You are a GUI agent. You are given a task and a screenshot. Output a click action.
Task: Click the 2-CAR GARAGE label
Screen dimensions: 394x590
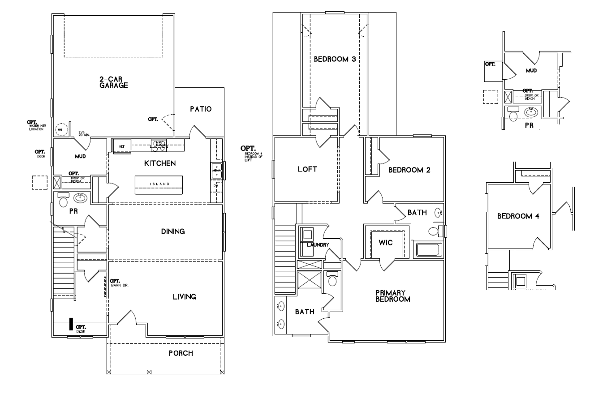pos(114,82)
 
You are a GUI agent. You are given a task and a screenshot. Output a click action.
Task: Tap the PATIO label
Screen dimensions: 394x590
pos(200,109)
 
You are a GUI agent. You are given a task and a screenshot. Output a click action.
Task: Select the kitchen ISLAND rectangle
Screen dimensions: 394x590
pos(159,184)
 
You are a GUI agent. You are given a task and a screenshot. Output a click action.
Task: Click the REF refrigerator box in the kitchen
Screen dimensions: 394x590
pos(121,146)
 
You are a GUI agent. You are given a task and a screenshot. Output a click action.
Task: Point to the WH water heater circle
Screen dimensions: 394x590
pos(60,130)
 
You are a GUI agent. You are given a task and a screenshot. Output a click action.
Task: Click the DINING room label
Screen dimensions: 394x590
pos(173,231)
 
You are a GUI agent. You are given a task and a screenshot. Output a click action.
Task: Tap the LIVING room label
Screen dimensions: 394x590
pos(185,296)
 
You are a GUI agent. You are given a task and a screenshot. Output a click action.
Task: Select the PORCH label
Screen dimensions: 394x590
pos(181,353)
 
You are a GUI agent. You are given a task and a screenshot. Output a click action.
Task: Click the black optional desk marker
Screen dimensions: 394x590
pos(71,324)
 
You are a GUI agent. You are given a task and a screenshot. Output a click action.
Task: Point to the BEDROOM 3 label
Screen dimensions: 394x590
pos(335,59)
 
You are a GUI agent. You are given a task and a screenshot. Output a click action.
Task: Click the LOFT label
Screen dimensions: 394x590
pos(307,169)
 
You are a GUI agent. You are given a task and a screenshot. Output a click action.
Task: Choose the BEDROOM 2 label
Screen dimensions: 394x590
pos(409,170)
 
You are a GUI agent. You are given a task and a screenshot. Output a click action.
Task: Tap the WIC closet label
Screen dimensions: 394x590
pos(386,243)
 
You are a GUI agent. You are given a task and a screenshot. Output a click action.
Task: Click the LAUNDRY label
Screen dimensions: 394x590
pos(318,244)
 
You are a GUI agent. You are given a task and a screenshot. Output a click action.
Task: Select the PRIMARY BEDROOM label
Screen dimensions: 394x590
pos(392,296)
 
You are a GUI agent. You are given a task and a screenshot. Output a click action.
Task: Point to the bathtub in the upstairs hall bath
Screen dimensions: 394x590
pos(429,249)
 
